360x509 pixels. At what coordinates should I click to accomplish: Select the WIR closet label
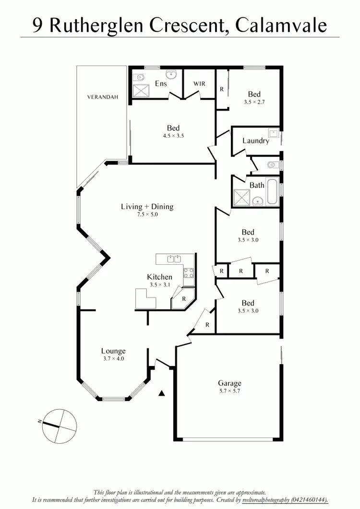pos(199,84)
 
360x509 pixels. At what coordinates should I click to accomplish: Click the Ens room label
pos(160,84)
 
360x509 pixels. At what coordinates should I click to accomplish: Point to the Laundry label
pos(255,141)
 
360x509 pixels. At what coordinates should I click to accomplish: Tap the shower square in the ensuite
pos(141,90)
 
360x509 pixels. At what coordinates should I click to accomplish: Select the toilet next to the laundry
pos(272,165)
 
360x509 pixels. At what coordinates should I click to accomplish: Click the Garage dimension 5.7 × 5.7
pos(229,391)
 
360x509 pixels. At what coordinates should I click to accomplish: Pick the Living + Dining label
pos(146,207)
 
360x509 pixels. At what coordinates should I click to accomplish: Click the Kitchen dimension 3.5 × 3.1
pos(159,284)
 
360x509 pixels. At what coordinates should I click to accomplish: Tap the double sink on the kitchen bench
pos(174,260)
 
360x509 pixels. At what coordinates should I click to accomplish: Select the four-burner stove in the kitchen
pos(188,273)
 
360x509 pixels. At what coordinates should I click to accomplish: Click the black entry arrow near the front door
pos(162,394)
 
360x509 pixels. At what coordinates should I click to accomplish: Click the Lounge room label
pos(113,351)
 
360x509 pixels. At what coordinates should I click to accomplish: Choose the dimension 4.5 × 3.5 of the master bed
pos(173,136)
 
